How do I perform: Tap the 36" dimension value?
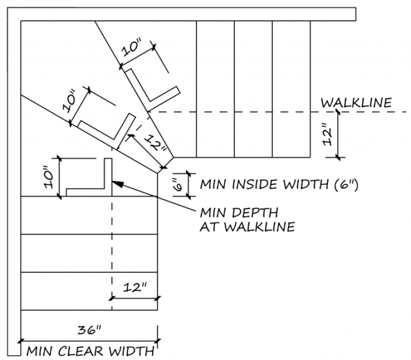[x=89, y=330]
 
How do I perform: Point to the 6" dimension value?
[x=180, y=185]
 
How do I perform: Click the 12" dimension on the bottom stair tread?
[x=134, y=287]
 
